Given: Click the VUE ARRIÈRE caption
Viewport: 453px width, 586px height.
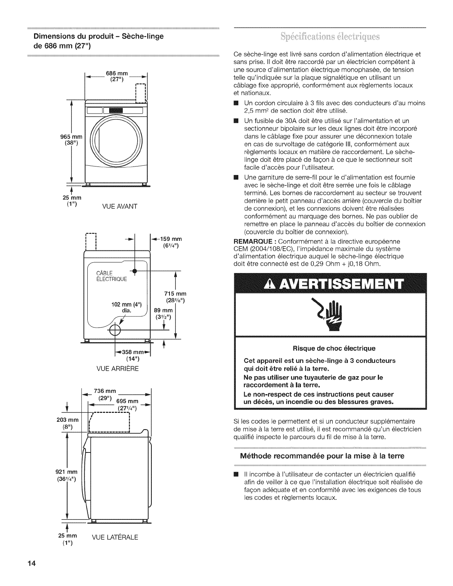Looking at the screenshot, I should [x=117, y=369].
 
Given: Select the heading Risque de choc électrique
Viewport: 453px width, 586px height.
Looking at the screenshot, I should [x=334, y=348].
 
